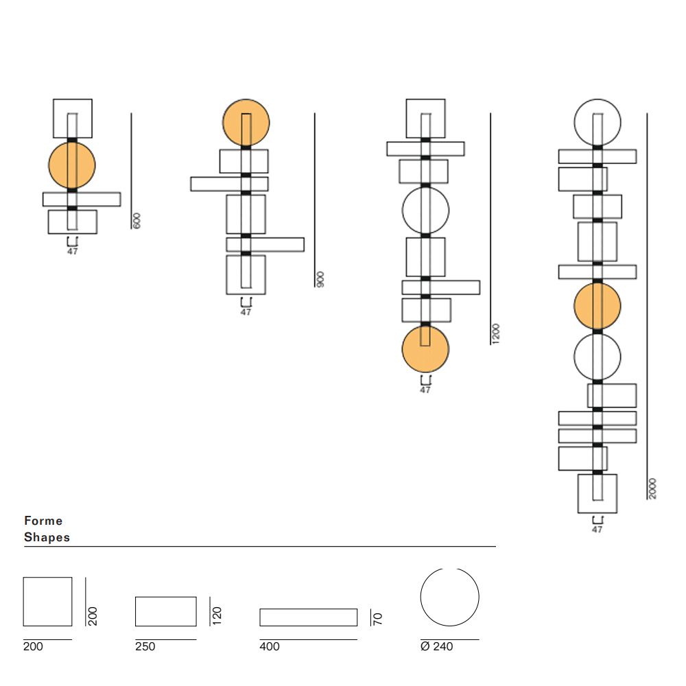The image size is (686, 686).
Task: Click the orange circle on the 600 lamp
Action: [72, 165]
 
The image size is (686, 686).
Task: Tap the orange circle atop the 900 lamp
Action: [246, 123]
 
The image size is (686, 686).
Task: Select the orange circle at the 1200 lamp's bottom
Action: [425, 349]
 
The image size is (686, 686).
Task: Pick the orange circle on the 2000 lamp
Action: [598, 306]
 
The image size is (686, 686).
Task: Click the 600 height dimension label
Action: [137, 220]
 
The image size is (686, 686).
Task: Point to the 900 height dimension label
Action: [320, 279]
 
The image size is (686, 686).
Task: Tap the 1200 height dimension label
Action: [496, 334]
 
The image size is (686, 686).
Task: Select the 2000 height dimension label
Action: [652, 488]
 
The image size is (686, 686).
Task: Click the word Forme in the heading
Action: [43, 521]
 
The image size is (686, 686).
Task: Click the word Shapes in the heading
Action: [47, 537]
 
